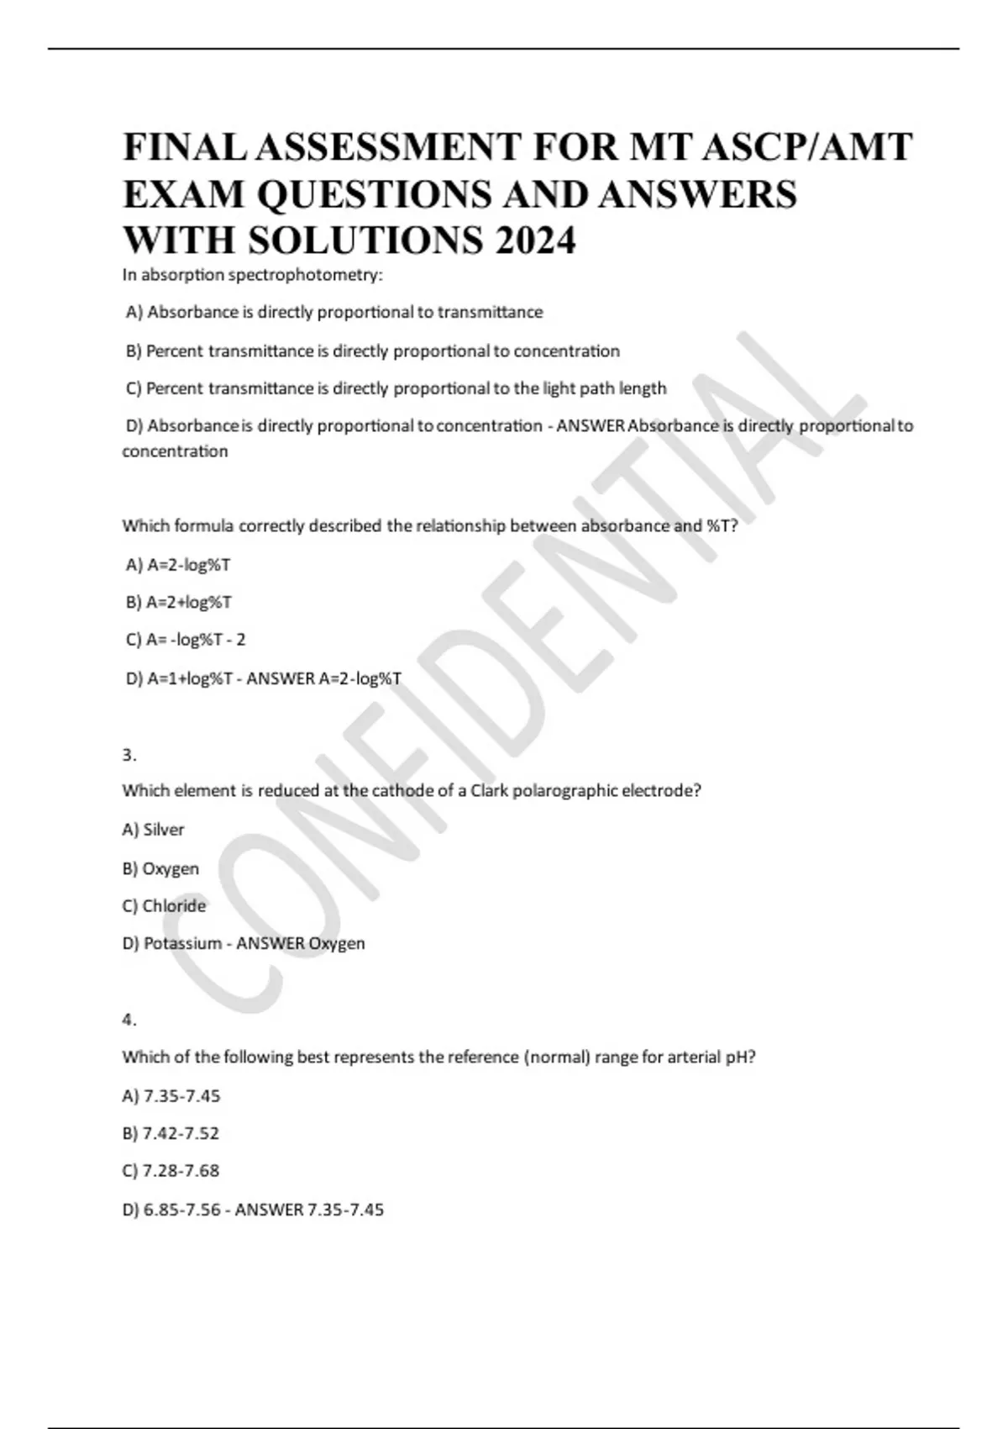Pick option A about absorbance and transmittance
pyautogui.click(x=334, y=313)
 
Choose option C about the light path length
pyautogui.click(x=396, y=388)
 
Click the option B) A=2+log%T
pyautogui.click(x=179, y=602)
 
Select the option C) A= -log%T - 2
pyautogui.click(x=186, y=640)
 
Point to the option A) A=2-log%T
pyautogui.click(x=178, y=565)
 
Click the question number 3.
pyautogui.click(x=129, y=755)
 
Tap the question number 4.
pyautogui.click(x=129, y=1020)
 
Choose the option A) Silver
pyautogui.click(x=153, y=830)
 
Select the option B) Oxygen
pyautogui.click(x=160, y=868)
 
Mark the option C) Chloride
pyautogui.click(x=164, y=906)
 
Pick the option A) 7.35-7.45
pyautogui.click(x=171, y=1096)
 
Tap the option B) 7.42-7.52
pyautogui.click(x=171, y=1133)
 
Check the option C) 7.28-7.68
pyautogui.click(x=171, y=1170)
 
